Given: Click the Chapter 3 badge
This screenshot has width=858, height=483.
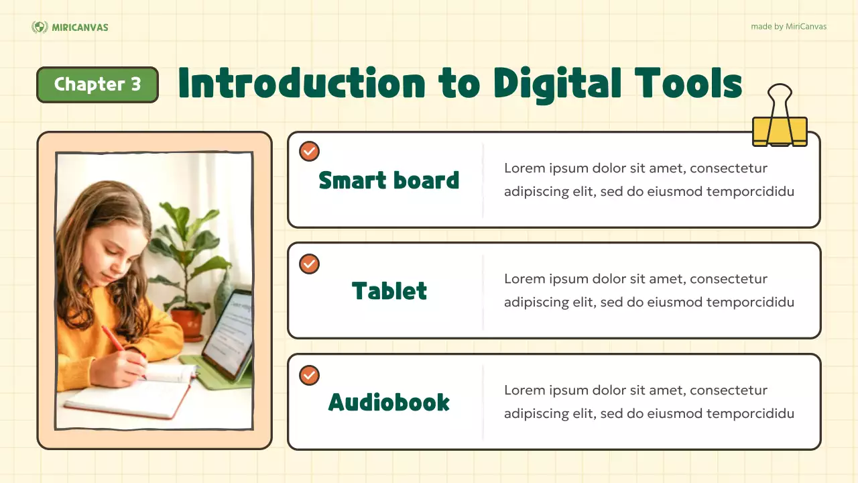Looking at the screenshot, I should tap(97, 85).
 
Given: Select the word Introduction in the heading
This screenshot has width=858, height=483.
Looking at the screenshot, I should tap(302, 84).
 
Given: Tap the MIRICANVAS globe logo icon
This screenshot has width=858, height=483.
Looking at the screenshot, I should tap(40, 27).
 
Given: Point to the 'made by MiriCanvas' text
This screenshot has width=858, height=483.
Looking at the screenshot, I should tap(788, 27).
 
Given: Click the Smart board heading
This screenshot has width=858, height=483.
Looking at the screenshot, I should tap(389, 180).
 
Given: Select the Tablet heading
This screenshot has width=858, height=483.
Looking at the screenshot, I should tap(389, 290).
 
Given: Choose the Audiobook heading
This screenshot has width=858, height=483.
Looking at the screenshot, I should tap(389, 402).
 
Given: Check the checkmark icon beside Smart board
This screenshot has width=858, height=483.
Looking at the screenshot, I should tap(309, 152).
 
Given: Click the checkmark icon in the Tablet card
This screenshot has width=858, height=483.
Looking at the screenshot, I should tap(309, 264).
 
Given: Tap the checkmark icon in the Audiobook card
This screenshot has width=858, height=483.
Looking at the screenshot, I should tap(309, 376).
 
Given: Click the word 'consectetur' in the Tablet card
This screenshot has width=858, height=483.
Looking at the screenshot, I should tap(729, 279).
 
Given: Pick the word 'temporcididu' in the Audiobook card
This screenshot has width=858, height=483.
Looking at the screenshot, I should tap(754, 413).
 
